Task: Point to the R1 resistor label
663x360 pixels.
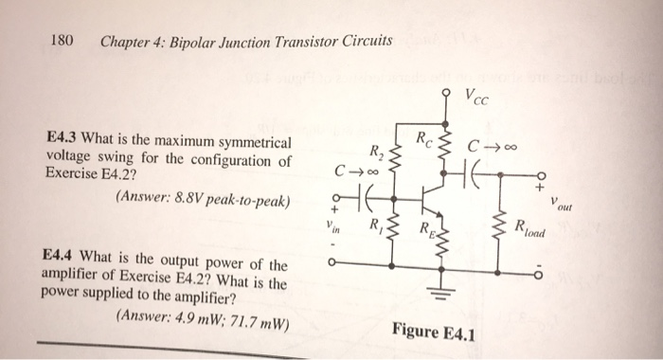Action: click(x=377, y=225)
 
